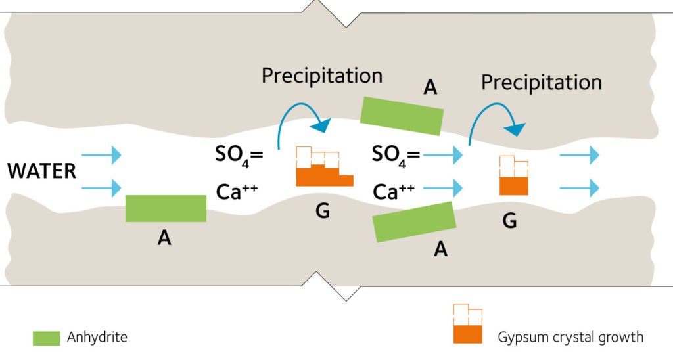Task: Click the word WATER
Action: (x=42, y=172)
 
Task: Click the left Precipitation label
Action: (x=322, y=76)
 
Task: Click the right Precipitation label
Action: (x=542, y=83)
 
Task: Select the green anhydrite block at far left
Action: (x=166, y=208)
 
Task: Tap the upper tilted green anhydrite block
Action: (x=402, y=116)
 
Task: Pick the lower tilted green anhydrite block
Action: (x=415, y=221)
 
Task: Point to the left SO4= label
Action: (x=239, y=155)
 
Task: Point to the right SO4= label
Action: (x=396, y=155)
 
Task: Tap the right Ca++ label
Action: (x=394, y=191)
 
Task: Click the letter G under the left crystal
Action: (x=323, y=212)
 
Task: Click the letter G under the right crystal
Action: (x=509, y=221)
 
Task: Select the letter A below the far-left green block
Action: (x=164, y=238)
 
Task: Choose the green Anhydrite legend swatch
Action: (x=46, y=338)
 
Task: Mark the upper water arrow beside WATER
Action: (x=102, y=155)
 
